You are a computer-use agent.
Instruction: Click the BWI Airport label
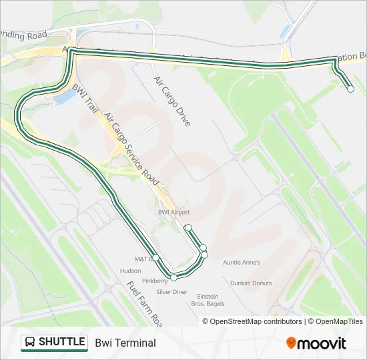[x=173, y=212]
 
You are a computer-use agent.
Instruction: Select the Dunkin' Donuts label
[x=251, y=283]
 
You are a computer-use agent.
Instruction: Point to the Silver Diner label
[x=171, y=292]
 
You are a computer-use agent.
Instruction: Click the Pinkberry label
[x=155, y=281]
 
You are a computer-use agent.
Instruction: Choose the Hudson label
[x=130, y=271]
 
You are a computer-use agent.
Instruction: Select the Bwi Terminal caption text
[x=125, y=343]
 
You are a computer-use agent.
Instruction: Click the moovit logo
[x=316, y=343]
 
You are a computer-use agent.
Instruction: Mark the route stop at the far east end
[x=350, y=89]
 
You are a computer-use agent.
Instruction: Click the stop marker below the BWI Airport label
[x=188, y=227]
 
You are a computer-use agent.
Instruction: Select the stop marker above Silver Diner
[x=173, y=277]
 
